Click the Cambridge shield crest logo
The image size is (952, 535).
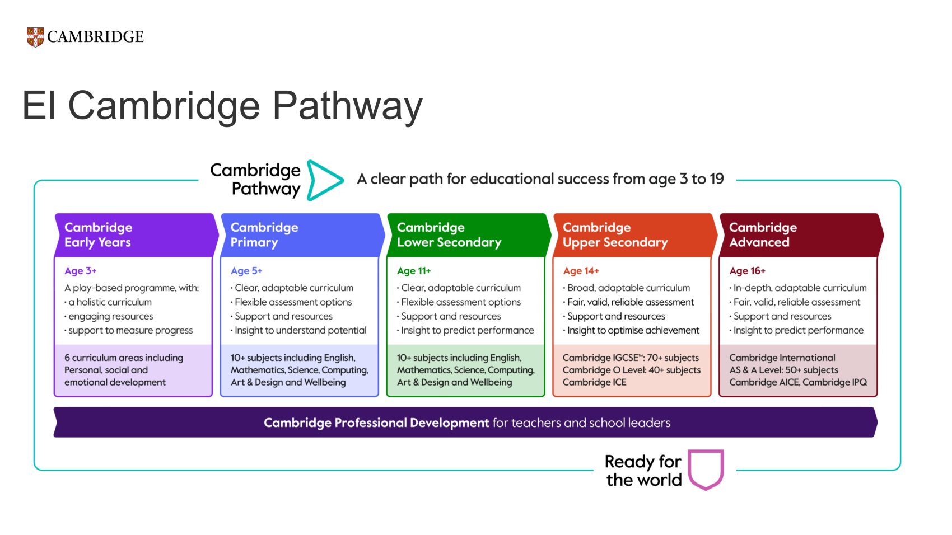(35, 37)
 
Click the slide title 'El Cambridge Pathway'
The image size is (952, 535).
(222, 105)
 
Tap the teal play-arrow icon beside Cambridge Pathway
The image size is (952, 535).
(324, 180)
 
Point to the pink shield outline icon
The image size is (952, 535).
(706, 469)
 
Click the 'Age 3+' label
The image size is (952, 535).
(81, 271)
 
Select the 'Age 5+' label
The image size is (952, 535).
(246, 271)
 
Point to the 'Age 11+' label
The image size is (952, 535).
(414, 271)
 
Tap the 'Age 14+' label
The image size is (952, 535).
(581, 271)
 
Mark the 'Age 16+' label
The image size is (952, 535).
(747, 271)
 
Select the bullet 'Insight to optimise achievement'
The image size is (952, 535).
(633, 331)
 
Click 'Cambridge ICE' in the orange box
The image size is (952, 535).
(594, 382)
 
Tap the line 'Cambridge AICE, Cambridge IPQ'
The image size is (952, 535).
(797, 382)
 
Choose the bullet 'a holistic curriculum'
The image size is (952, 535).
(110, 302)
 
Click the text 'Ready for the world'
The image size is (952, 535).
(643, 471)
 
